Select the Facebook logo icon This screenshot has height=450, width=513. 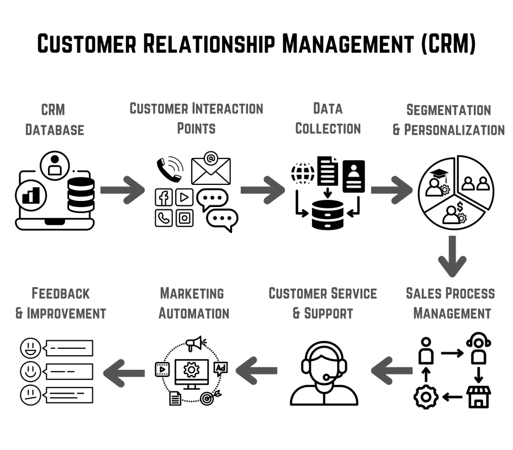[x=163, y=197]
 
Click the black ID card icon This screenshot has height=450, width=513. [x=354, y=176]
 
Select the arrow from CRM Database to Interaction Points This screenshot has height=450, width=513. [x=122, y=190]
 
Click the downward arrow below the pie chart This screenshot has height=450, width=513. [x=452, y=256]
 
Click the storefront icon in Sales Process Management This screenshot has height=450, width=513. [x=478, y=396]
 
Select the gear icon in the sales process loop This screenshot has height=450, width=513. [x=426, y=397]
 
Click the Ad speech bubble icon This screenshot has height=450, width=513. [x=220, y=369]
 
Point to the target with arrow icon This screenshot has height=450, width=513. [x=207, y=397]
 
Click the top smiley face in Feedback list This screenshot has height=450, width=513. [x=30, y=348]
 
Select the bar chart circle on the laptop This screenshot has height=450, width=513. [x=31, y=195]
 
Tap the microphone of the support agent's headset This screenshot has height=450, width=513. [x=326, y=377]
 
